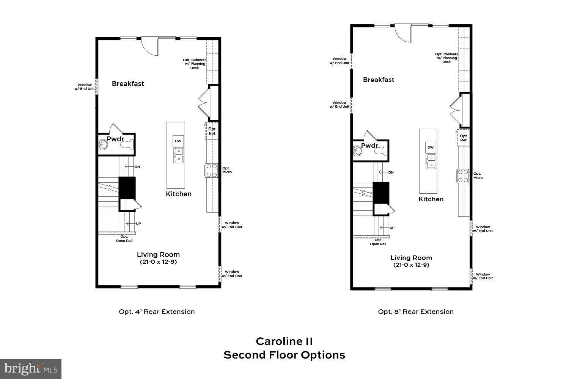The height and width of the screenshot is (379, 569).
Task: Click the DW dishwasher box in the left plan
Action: (x=178, y=141)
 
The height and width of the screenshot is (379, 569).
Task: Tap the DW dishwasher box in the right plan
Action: (x=430, y=147)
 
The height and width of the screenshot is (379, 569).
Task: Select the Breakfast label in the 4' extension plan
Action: (x=128, y=84)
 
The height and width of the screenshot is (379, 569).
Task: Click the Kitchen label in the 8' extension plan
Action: (x=431, y=199)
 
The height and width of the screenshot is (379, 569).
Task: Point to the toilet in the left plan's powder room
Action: (x=128, y=144)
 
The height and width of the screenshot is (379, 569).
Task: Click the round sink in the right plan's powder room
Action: (x=357, y=151)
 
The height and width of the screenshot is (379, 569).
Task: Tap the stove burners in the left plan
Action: (x=211, y=170)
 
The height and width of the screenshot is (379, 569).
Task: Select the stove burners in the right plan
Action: (x=463, y=176)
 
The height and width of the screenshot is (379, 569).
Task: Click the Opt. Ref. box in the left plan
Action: (x=212, y=131)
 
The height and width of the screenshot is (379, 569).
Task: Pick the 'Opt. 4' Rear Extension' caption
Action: (x=157, y=312)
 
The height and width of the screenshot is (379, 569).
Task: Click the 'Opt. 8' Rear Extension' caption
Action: (x=416, y=312)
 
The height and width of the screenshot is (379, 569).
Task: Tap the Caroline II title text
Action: (x=284, y=341)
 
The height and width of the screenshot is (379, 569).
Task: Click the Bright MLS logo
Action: (x=30, y=368)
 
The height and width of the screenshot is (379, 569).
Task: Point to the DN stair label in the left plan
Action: (x=137, y=167)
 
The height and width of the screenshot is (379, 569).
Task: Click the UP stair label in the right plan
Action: (x=392, y=228)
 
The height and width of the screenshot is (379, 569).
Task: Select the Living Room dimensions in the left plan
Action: (x=158, y=262)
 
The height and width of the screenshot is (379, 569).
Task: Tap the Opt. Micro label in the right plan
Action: (x=478, y=176)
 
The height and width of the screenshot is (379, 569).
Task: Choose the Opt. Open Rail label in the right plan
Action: (x=378, y=242)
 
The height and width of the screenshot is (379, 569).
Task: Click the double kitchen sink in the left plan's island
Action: (x=178, y=155)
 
